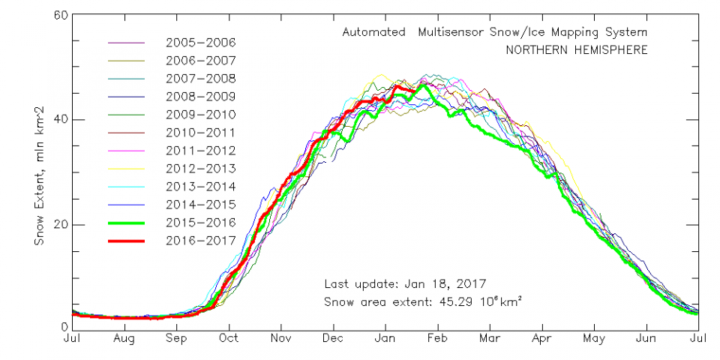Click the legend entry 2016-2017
[x=201, y=241]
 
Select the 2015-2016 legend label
[x=201, y=223]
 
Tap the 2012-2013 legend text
[x=201, y=169]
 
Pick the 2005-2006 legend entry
[x=201, y=42]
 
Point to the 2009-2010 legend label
[x=201, y=115]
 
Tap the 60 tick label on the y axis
[x=61, y=16]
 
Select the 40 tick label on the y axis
[x=61, y=120]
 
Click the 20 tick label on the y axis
[x=61, y=224]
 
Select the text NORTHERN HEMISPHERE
[x=575, y=50]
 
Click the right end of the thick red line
[x=415, y=91]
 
